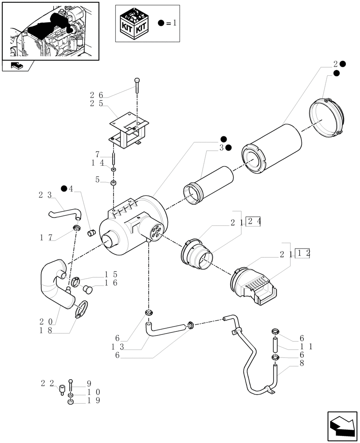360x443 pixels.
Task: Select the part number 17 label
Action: (46, 237)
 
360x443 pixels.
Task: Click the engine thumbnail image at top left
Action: (50, 31)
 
